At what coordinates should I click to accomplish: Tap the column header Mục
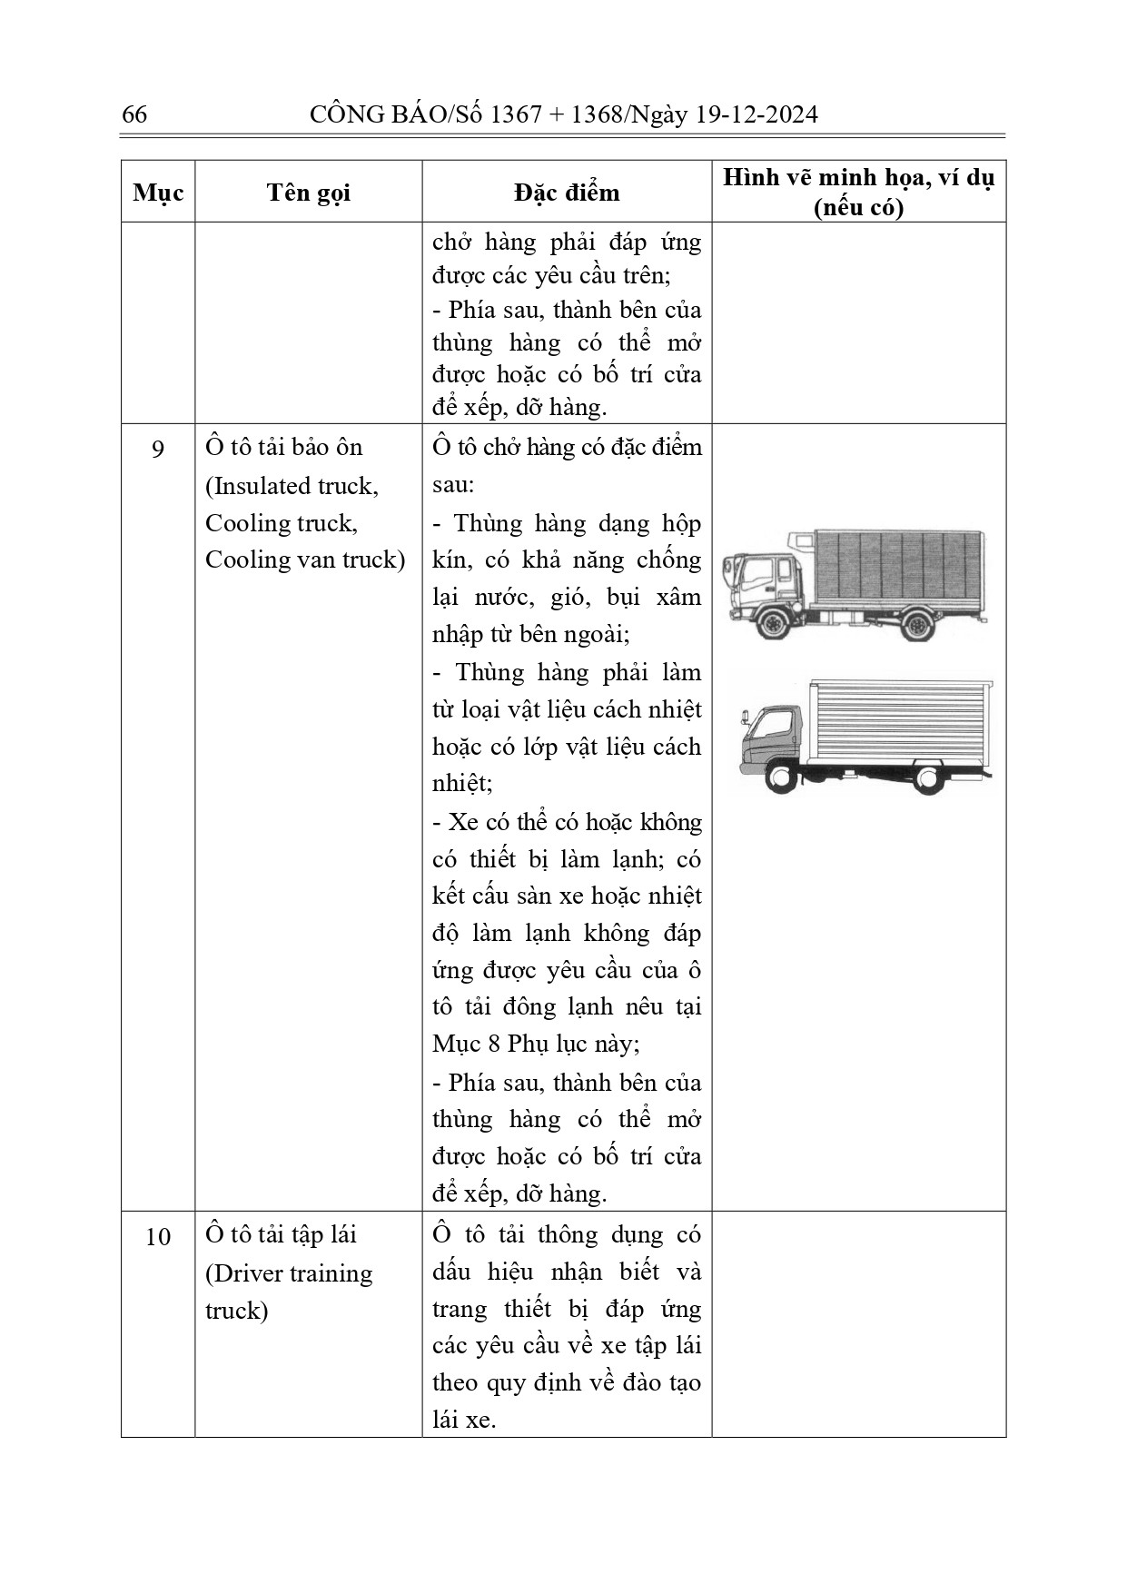click(x=158, y=193)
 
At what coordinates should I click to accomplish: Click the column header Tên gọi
click(x=308, y=193)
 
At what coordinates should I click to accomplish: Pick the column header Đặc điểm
click(x=566, y=193)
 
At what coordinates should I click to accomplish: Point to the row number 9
click(x=158, y=449)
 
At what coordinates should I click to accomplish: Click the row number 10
click(x=158, y=1236)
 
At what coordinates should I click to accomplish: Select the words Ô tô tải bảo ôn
click(x=283, y=447)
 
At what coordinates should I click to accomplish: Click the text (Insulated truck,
click(x=292, y=486)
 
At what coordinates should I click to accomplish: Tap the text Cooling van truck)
click(x=305, y=559)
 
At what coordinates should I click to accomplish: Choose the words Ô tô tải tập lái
click(x=281, y=1234)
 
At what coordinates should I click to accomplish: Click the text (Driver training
click(x=289, y=1273)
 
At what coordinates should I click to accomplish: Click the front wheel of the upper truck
click(x=773, y=624)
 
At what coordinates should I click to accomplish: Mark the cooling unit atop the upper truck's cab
click(x=800, y=542)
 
